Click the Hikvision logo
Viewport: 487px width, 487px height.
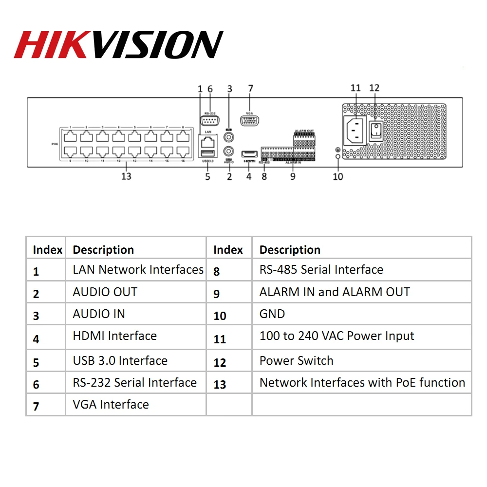pyautogui.click(x=118, y=45)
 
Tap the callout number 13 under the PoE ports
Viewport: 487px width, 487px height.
pyautogui.click(x=126, y=176)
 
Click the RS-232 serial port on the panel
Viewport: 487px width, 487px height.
pyautogui.click(x=210, y=121)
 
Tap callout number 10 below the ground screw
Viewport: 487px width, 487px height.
pyautogui.click(x=338, y=176)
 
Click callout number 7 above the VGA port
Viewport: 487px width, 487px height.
pyautogui.click(x=250, y=89)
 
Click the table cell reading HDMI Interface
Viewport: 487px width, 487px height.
pyautogui.click(x=115, y=336)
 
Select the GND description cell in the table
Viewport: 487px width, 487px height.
pyautogui.click(x=272, y=314)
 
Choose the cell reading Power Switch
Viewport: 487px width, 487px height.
pyautogui.click(x=297, y=361)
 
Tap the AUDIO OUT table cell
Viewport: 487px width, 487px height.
pyautogui.click(x=105, y=292)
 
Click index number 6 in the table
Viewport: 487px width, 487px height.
pyautogui.click(x=36, y=385)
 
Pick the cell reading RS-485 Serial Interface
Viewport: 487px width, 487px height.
pyautogui.click(x=321, y=270)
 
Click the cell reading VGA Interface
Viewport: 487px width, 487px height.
pyautogui.click(x=111, y=405)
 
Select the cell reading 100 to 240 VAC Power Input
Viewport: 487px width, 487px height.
pyautogui.click(x=337, y=336)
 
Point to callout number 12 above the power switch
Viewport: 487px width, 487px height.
pyautogui.click(x=374, y=88)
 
